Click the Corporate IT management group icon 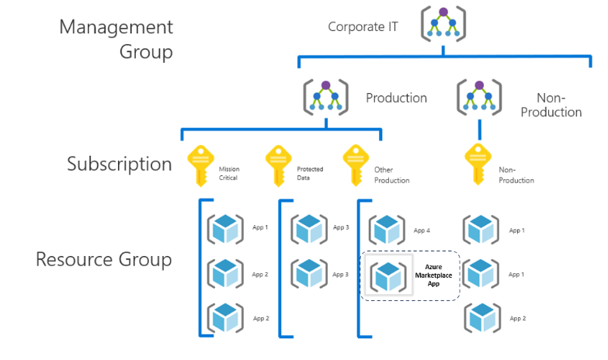(x=443, y=24)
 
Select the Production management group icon (x=325, y=99)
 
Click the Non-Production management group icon (x=480, y=99)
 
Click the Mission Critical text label (x=229, y=172)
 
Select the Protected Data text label (x=310, y=172)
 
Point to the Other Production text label (x=391, y=175)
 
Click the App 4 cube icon (x=386, y=230)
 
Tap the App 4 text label (x=422, y=230)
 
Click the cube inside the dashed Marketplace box (x=386, y=275)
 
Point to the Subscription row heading (x=119, y=164)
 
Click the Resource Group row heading (x=103, y=259)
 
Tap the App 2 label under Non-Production (x=517, y=319)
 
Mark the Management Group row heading (x=116, y=40)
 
